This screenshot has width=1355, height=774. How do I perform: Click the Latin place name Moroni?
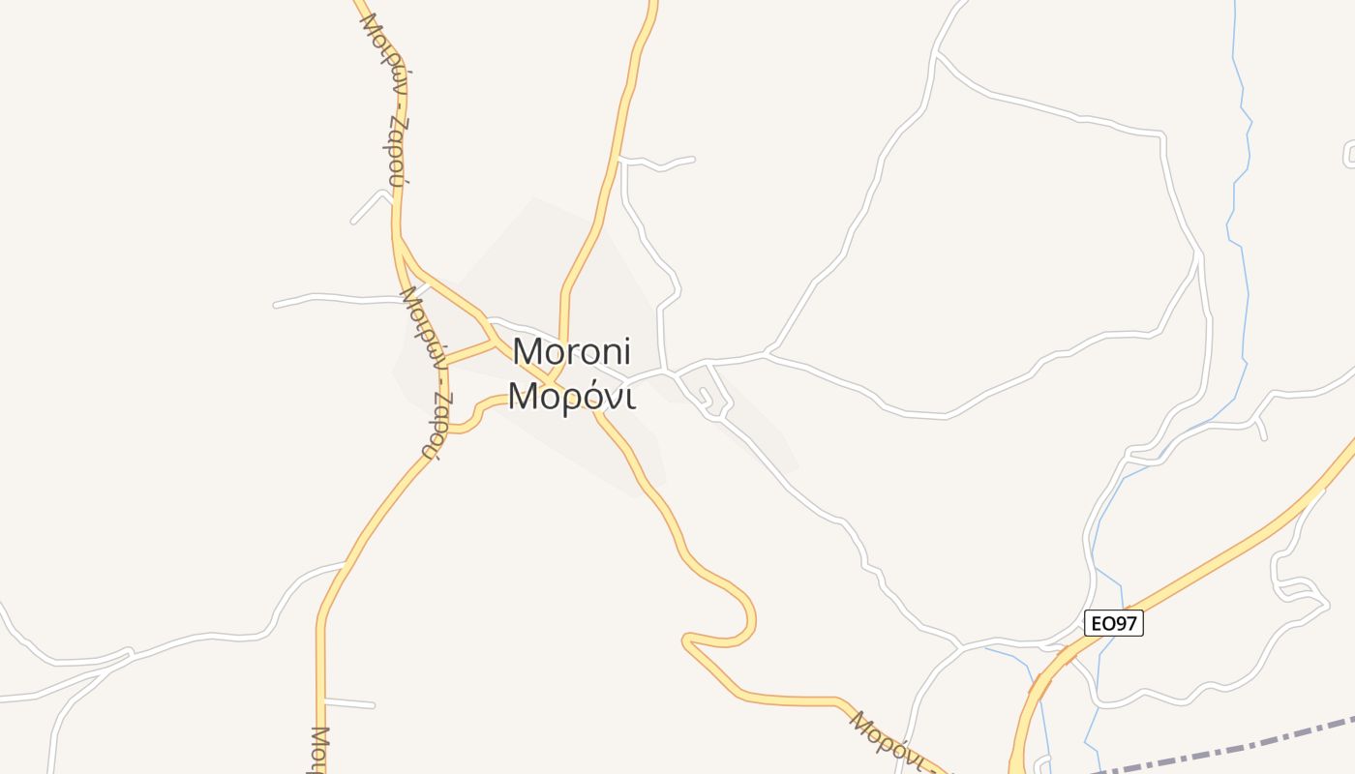571,350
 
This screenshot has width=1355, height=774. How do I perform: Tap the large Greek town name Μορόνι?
571,396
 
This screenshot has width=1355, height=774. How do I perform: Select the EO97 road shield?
1113,623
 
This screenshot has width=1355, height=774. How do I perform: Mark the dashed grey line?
1229,747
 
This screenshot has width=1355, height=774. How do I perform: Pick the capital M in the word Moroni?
528,350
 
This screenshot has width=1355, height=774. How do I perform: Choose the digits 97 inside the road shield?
1125,623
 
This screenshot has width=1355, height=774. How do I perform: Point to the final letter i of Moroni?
626,350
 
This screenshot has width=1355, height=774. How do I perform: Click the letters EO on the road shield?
1101,623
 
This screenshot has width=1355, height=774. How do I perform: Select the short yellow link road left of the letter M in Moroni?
469,351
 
